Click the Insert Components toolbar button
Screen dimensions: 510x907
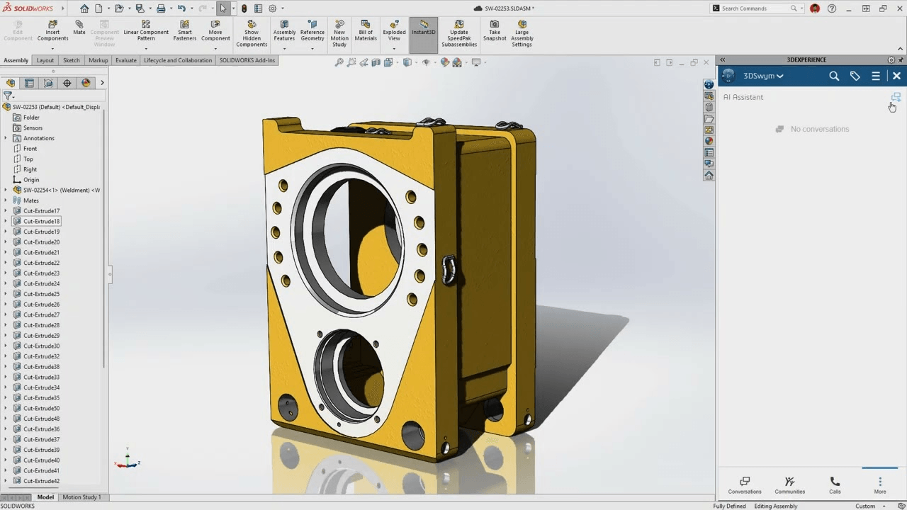pyautogui.click(x=52, y=31)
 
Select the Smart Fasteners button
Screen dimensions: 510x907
pyautogui.click(x=185, y=31)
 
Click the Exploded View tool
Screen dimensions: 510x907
pyautogui.click(x=394, y=31)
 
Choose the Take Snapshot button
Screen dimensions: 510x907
pyautogui.click(x=495, y=31)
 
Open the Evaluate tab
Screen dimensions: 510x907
pyautogui.click(x=125, y=60)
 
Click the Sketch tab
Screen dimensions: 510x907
pyautogui.click(x=71, y=60)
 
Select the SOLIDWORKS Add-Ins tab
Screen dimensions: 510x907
pyautogui.click(x=247, y=60)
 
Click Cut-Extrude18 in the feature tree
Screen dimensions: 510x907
pyautogui.click(x=41, y=222)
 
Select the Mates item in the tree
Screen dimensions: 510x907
pyautogui.click(x=31, y=200)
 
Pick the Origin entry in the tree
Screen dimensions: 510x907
pyautogui.click(x=31, y=180)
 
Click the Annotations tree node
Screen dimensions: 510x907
pyautogui.click(x=38, y=138)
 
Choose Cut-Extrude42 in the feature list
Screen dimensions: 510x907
pyautogui.click(x=41, y=481)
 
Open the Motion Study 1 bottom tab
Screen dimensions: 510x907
pyautogui.click(x=81, y=497)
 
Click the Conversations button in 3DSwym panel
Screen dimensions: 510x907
pyautogui.click(x=745, y=484)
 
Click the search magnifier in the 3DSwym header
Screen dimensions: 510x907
pyautogui.click(x=834, y=76)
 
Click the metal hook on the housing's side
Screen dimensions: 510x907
pyautogui.click(x=448, y=270)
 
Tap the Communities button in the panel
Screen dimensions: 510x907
pyautogui.click(x=789, y=484)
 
